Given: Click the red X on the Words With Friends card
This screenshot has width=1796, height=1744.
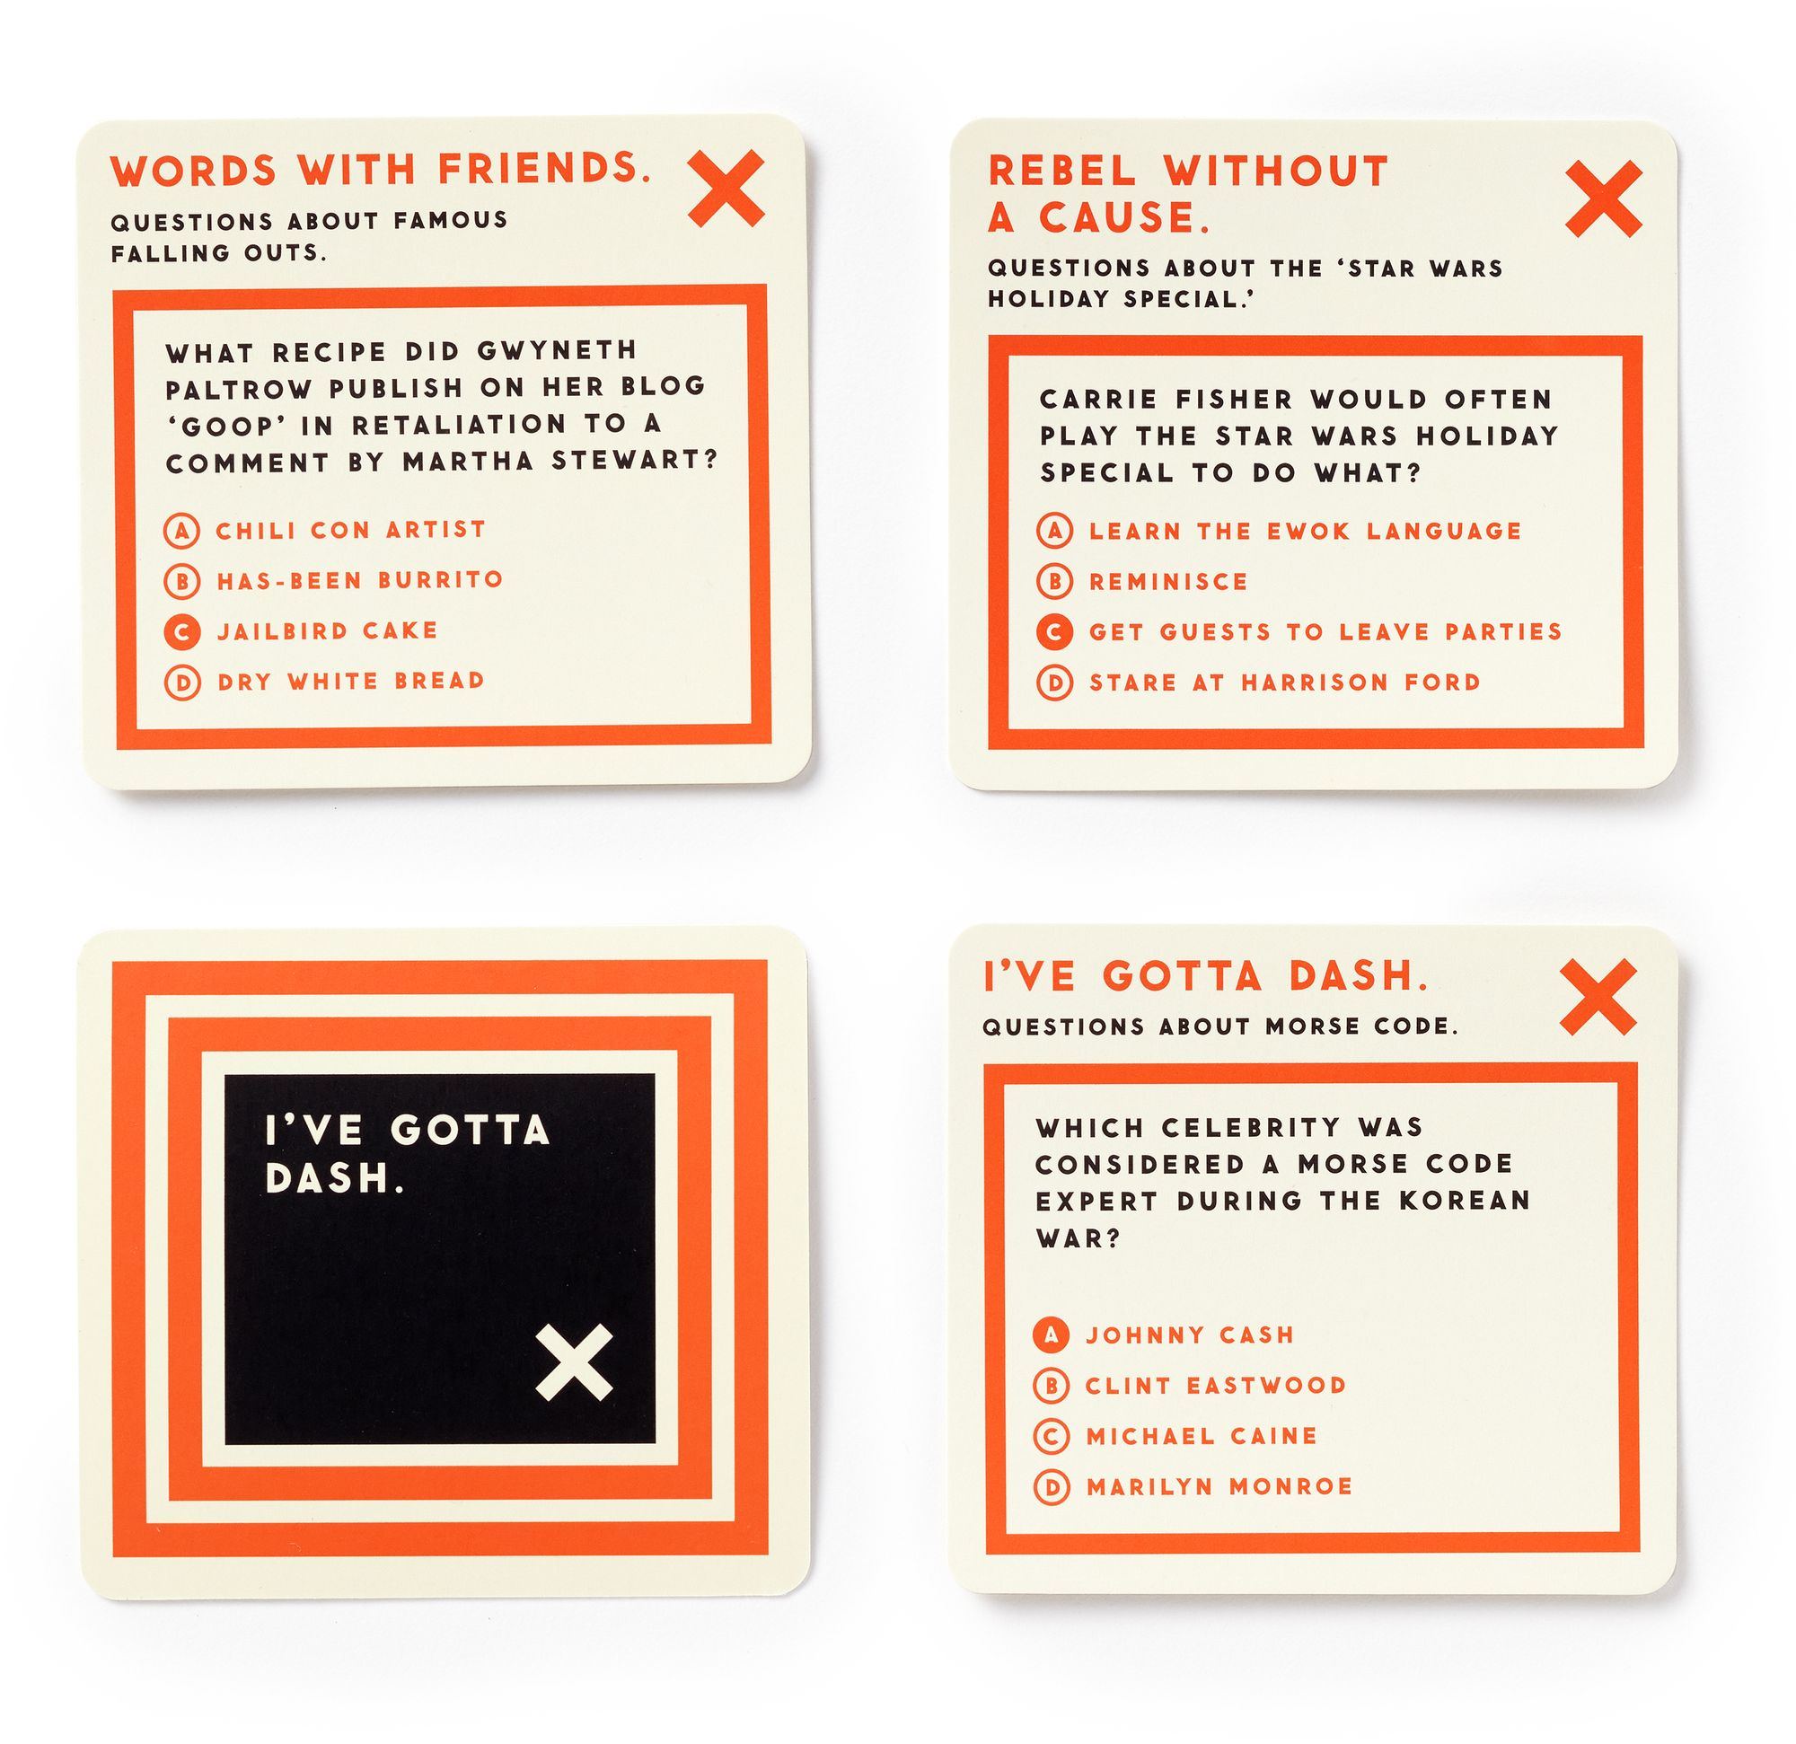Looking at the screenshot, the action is (x=726, y=188).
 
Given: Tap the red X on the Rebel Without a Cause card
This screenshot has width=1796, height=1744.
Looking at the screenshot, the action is (x=1604, y=198).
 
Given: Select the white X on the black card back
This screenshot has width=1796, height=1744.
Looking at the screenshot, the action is (x=575, y=1361).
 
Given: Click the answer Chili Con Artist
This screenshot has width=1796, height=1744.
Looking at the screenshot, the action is (x=350, y=530).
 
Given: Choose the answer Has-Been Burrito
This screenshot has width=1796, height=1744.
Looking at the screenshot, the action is (x=360, y=580).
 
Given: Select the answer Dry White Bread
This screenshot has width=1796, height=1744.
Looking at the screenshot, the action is (x=351, y=681).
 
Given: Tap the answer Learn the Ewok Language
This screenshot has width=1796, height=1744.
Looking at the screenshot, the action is (x=1305, y=531).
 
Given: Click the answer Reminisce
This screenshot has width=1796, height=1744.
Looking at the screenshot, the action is (x=1168, y=581).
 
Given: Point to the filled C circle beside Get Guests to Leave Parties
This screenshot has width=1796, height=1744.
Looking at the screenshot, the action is (x=1054, y=632).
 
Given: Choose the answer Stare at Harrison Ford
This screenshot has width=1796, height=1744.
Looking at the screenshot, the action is (x=1285, y=683).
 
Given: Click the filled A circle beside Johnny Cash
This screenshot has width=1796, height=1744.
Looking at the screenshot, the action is (x=1051, y=1335).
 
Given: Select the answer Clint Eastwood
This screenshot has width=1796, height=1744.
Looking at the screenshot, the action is (x=1216, y=1386).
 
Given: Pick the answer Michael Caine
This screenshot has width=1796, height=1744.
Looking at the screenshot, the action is (x=1202, y=1436).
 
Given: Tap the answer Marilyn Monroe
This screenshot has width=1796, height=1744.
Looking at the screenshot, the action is (x=1219, y=1486).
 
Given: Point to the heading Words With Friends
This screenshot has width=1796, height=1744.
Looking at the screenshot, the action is (x=380, y=171).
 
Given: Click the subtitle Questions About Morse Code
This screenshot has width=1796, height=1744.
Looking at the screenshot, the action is (x=1219, y=1027).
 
